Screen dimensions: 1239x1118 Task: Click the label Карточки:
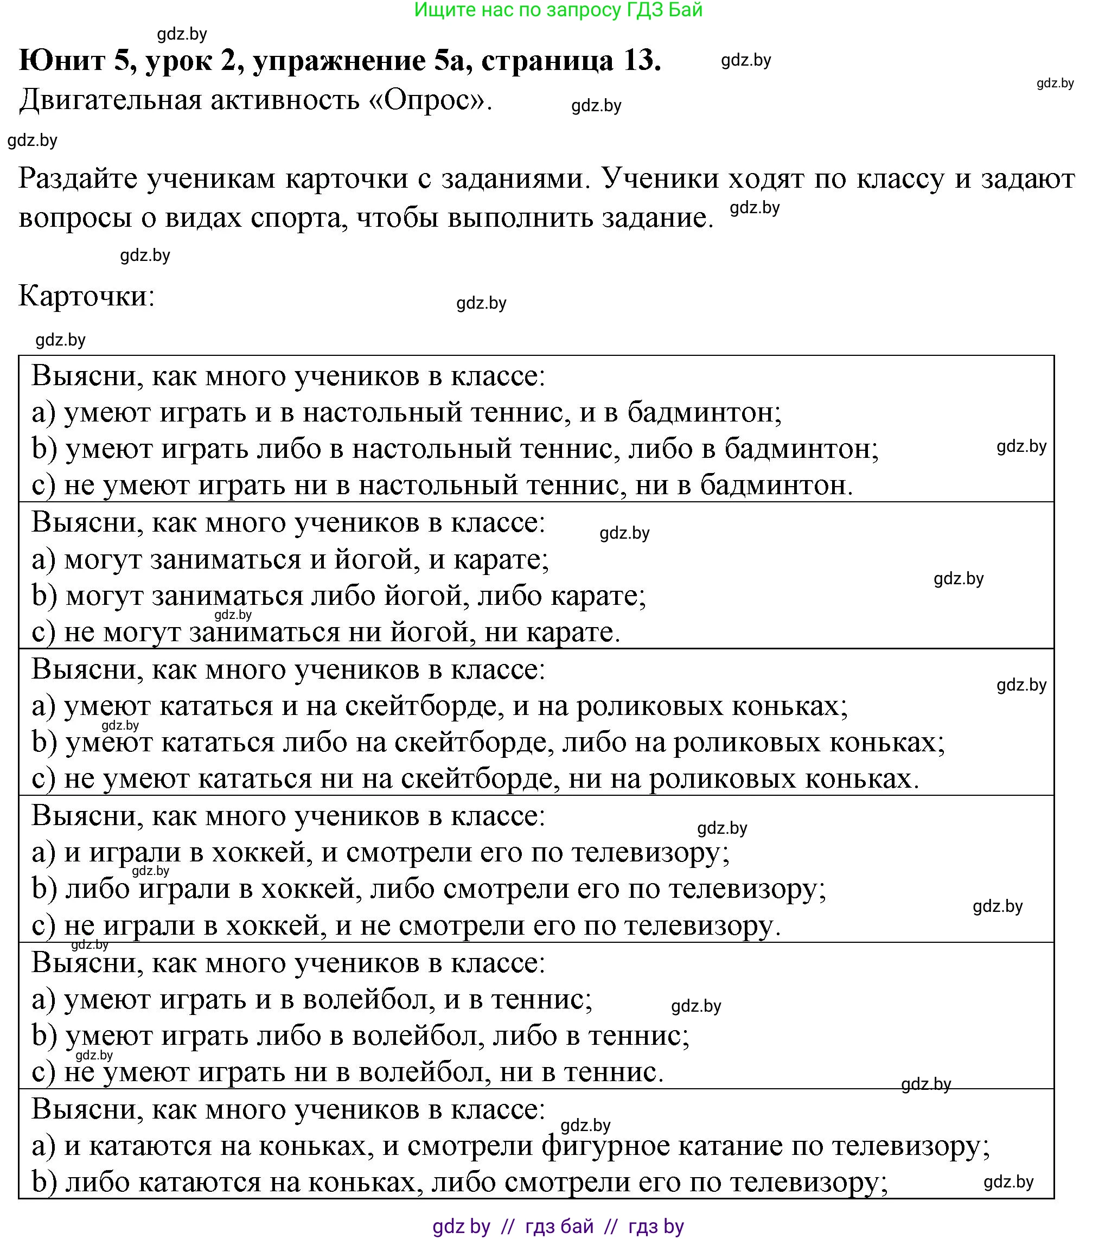pos(87,296)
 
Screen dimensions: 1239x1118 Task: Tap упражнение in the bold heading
pos(362,60)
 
